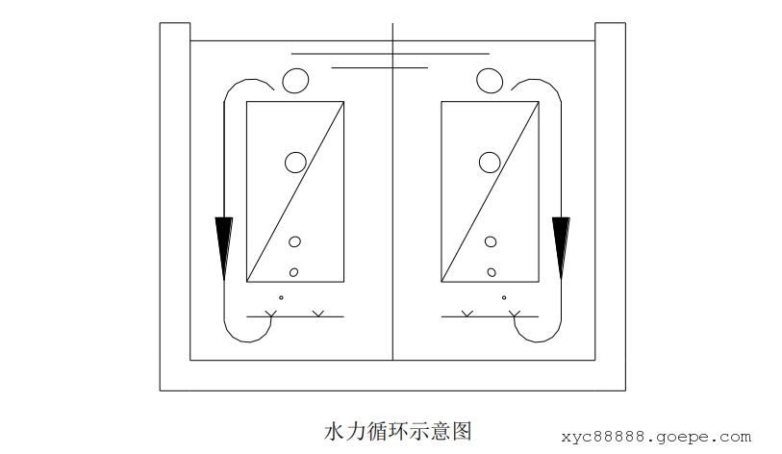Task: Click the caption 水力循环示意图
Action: click(x=398, y=431)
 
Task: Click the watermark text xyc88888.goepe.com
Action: click(x=656, y=437)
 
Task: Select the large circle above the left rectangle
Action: click(x=295, y=81)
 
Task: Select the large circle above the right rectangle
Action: click(x=490, y=81)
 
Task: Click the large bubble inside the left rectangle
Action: click(x=295, y=163)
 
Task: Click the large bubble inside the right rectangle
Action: click(x=490, y=163)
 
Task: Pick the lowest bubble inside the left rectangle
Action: click(x=293, y=272)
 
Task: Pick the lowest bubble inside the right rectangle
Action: click(x=492, y=272)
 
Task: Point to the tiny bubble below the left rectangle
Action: click(x=281, y=298)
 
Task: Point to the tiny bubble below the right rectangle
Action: click(x=504, y=298)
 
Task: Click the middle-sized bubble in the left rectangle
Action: click(x=294, y=242)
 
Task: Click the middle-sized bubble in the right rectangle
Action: click(x=491, y=242)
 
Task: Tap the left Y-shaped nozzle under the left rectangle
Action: click(x=270, y=314)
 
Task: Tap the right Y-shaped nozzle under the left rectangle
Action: click(x=318, y=314)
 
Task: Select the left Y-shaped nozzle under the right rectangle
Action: click(x=467, y=314)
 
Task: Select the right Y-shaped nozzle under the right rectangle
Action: click(x=515, y=314)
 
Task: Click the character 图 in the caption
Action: click(x=463, y=431)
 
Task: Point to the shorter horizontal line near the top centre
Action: click(x=380, y=67)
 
